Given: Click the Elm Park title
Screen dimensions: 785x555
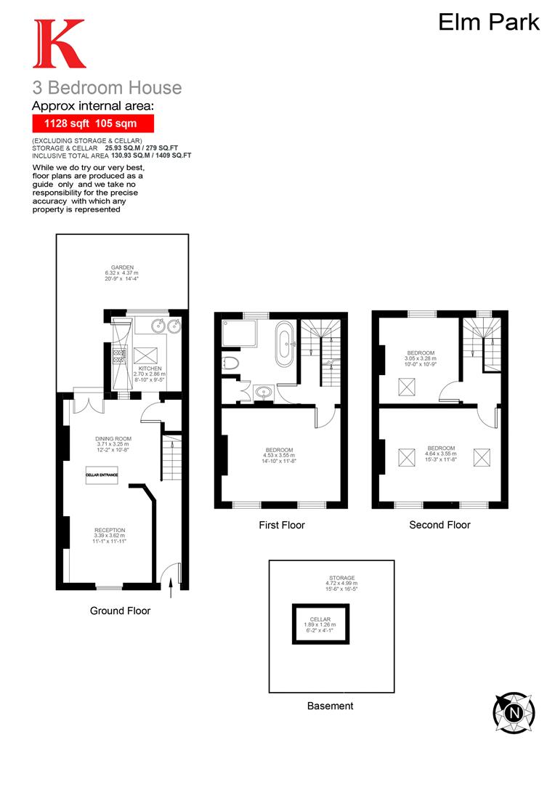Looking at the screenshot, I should tap(488, 22).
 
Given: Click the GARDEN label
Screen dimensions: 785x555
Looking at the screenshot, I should tap(117, 267).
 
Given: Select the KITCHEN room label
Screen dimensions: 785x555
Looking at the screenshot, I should tap(150, 369).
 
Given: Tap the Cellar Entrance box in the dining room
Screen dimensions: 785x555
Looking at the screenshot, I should tap(102, 475).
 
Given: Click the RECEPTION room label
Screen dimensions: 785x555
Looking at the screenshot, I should tap(110, 530).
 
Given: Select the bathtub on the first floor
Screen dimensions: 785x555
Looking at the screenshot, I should tap(284, 344).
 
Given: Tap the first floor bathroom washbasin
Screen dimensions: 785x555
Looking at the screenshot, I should tap(262, 393).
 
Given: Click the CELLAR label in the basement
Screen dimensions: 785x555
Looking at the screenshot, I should tap(320, 619).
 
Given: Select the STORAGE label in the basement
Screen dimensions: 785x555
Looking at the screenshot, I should tap(341, 578).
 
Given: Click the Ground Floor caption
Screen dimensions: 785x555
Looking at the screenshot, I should tap(120, 611).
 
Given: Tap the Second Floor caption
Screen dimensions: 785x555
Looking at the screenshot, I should tap(439, 525).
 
